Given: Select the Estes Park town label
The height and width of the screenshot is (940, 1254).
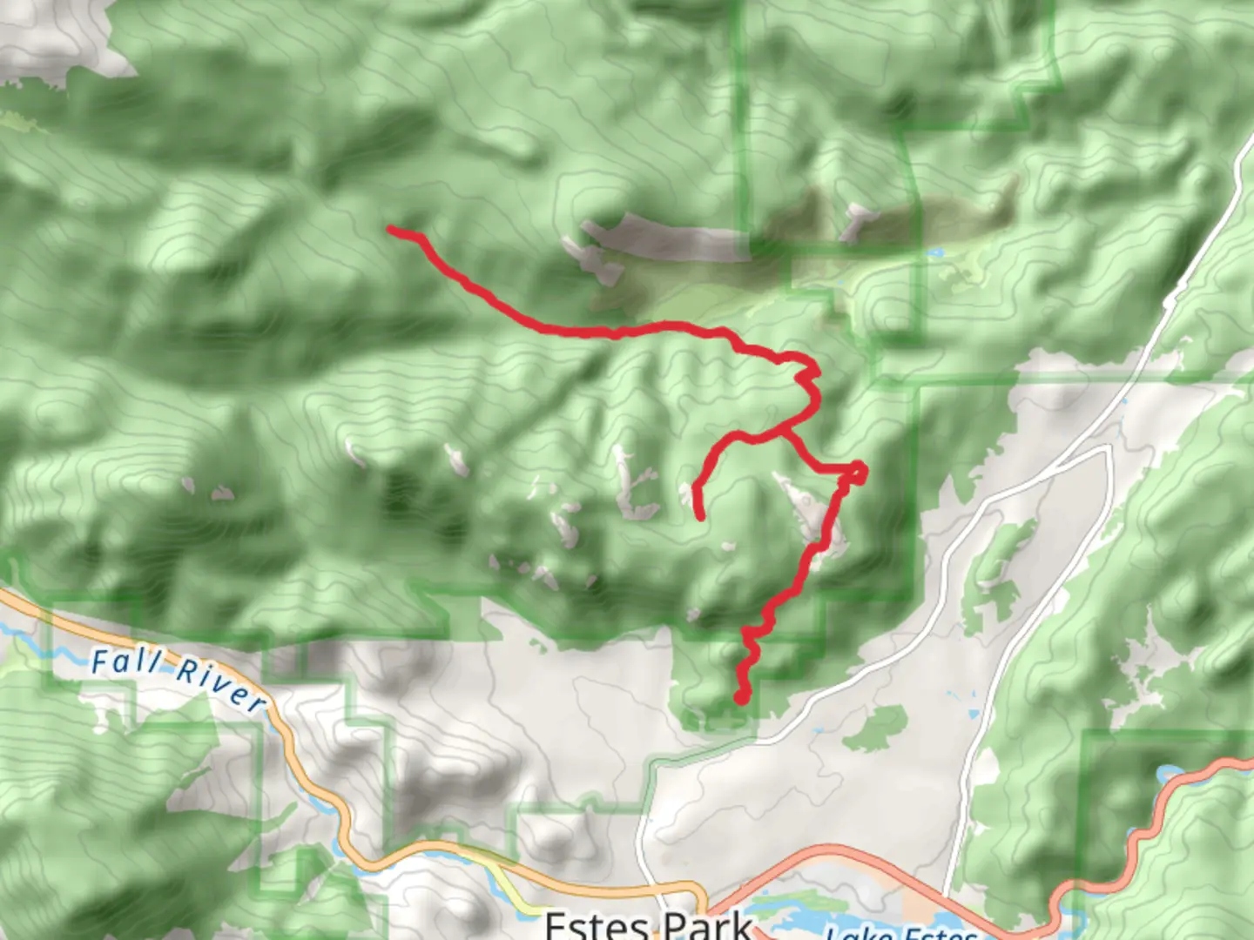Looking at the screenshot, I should pos(648,924).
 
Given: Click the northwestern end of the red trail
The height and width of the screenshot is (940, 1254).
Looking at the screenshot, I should pos(391,230).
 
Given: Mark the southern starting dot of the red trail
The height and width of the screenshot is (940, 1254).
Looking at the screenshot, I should pos(741,697).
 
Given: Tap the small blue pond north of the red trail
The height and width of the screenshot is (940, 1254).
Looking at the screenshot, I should pos(934,253).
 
